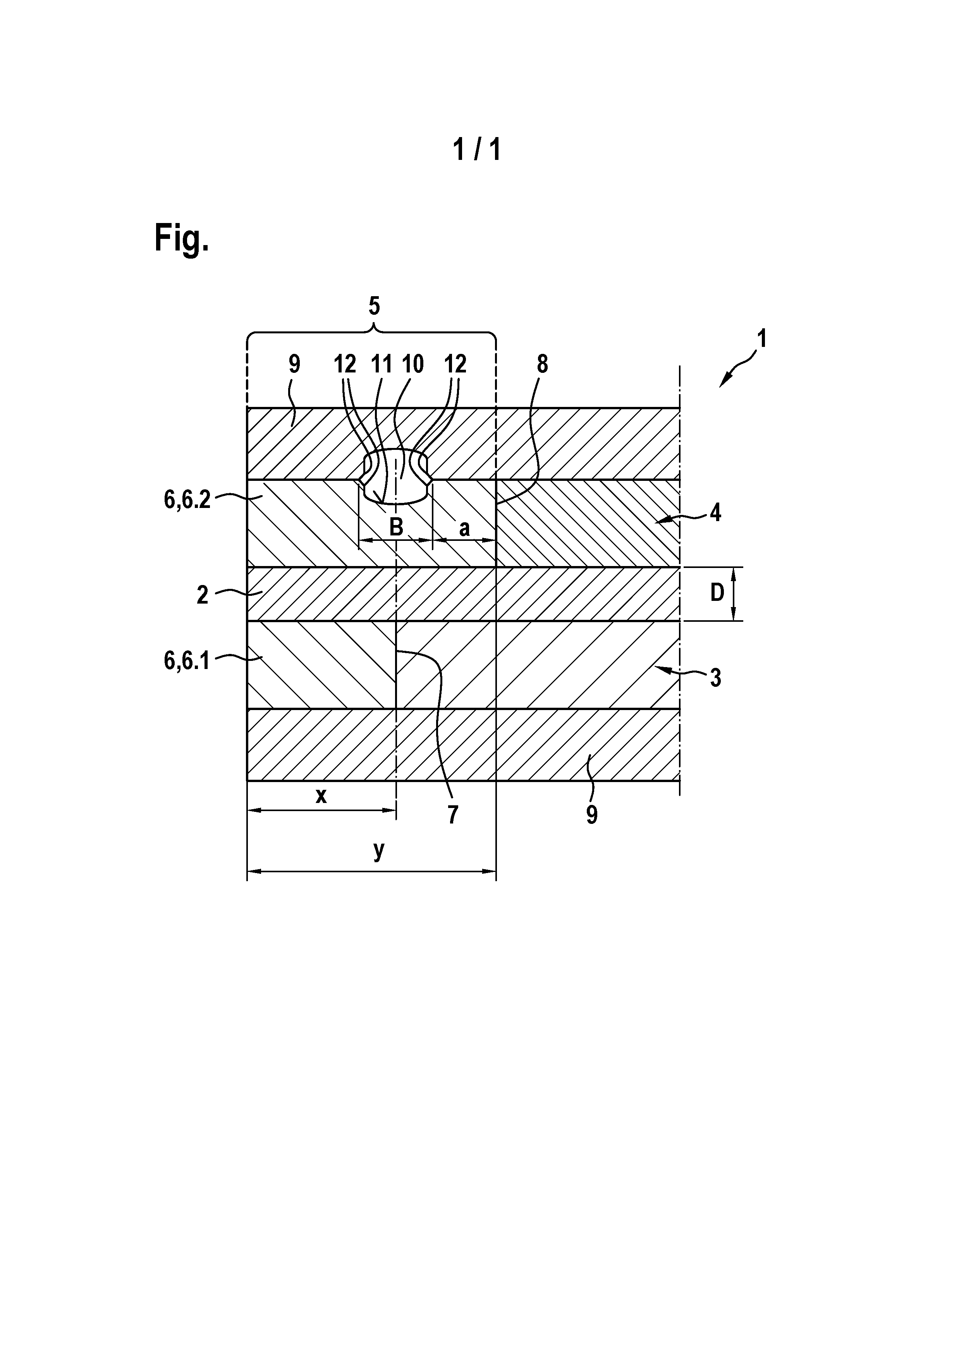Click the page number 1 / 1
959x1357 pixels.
pos(476,149)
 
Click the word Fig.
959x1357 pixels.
pos(182,238)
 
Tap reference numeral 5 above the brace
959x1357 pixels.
pos(374,306)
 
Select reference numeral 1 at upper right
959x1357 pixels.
pos(762,339)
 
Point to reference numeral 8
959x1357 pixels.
pos(542,365)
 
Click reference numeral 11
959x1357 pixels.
pos(382,365)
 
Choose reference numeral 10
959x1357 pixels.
pos(413,365)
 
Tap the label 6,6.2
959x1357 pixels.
pos(187,500)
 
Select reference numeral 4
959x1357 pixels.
pos(715,513)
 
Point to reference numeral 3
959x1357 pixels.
pos(715,678)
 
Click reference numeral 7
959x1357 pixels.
pos(453,815)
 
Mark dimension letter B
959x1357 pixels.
pos(396,527)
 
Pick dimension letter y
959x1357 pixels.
pos(379,851)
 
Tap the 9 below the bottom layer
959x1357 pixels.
pos(592,815)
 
